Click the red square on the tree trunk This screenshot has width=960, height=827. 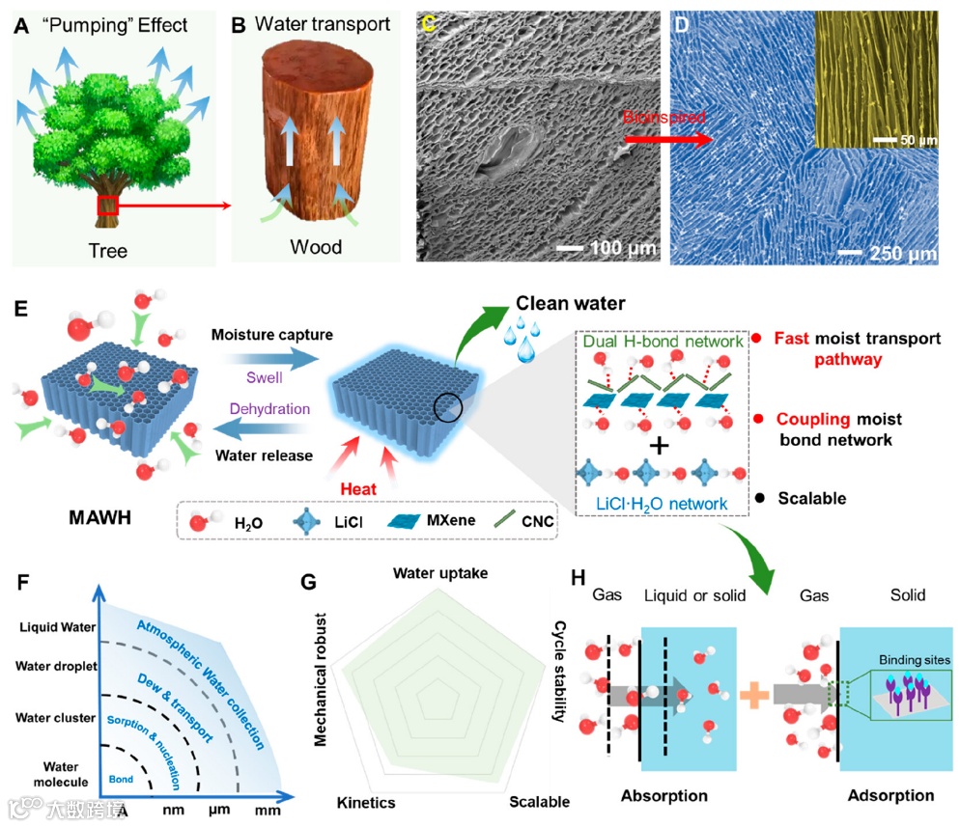(x=108, y=206)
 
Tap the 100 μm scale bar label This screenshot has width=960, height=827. (x=607, y=249)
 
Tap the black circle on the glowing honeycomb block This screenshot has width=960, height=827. (x=448, y=409)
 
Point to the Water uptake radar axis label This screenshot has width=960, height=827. (x=439, y=573)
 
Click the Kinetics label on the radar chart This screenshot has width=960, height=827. (x=366, y=802)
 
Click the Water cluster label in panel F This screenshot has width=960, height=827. (x=55, y=717)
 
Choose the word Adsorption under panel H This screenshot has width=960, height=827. (x=889, y=795)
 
